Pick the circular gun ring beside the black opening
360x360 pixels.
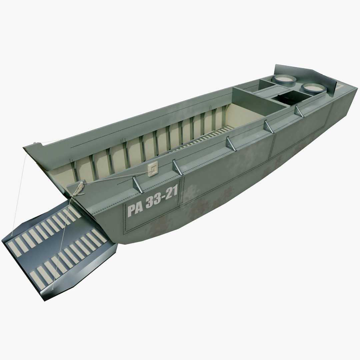(314, 88)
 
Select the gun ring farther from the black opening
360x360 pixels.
(285, 79)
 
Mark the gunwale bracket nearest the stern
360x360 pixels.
(299, 111)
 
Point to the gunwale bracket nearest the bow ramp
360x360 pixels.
(138, 184)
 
